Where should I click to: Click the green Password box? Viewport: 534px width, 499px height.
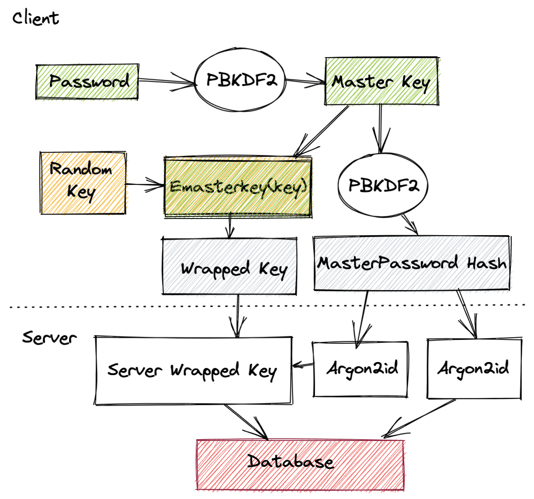coord(87,82)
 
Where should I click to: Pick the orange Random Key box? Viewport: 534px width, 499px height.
coord(83,183)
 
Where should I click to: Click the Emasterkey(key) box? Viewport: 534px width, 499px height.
coord(238,187)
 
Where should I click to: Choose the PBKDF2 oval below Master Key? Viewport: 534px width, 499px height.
coord(383,185)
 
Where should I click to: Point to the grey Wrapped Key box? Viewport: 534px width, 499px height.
coord(229,266)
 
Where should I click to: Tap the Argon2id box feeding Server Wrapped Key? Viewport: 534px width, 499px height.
coord(361,369)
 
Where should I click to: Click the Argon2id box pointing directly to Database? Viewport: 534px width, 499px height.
coord(474,369)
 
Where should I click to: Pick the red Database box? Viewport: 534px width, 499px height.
coord(300,465)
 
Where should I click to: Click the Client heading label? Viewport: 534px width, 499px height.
coord(35,18)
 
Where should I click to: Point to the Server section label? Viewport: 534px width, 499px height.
coord(49,337)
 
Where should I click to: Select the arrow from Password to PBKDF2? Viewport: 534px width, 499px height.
coord(166,81)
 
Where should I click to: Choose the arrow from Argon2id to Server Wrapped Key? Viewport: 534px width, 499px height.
coord(302,365)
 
